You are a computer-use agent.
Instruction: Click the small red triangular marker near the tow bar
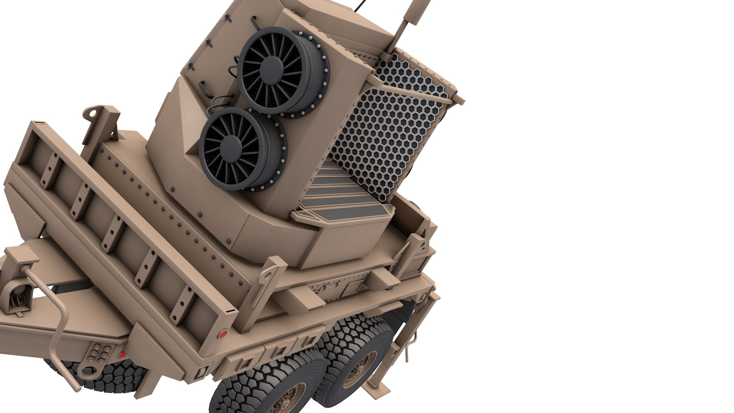coord(122,354)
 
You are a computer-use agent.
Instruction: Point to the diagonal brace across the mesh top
coord(413,82)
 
